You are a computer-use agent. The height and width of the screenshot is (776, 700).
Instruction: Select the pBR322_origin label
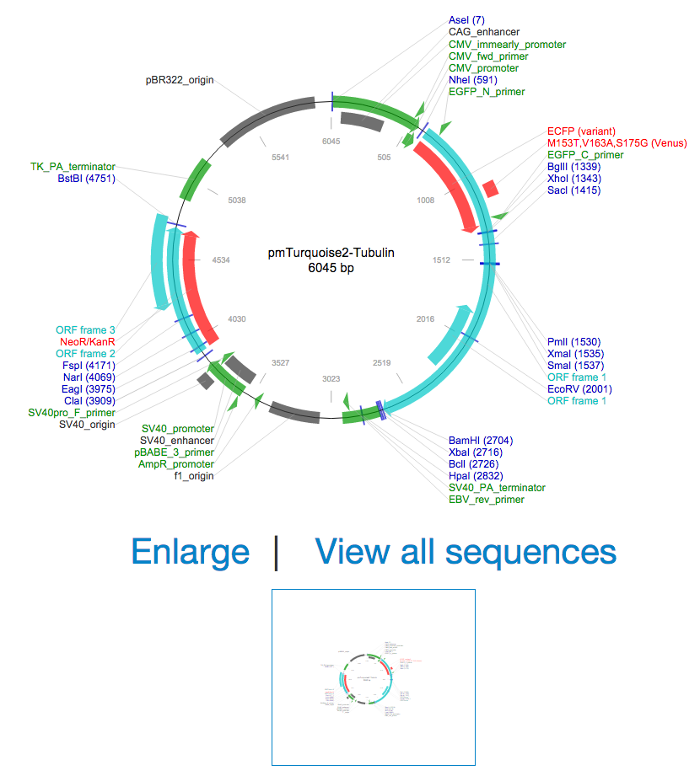click(x=180, y=81)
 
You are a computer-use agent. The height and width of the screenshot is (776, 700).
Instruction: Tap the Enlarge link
click(x=190, y=552)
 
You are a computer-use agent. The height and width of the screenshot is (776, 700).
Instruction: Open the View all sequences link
click(x=465, y=552)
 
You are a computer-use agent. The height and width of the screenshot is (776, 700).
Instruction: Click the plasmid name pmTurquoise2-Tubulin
click(x=331, y=252)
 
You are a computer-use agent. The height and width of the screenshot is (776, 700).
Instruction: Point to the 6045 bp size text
click(x=331, y=269)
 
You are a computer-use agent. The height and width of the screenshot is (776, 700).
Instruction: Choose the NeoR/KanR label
click(x=87, y=342)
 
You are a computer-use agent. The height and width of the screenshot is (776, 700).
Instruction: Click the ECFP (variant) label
click(x=581, y=131)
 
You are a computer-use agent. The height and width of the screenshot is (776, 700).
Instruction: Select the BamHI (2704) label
click(x=480, y=441)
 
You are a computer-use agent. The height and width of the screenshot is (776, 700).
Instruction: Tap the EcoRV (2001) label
click(x=579, y=389)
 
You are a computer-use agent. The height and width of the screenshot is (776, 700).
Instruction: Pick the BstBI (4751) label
click(x=86, y=179)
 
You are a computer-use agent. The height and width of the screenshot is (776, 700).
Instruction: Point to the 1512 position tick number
click(x=441, y=260)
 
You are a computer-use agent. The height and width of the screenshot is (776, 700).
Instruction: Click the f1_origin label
click(x=193, y=476)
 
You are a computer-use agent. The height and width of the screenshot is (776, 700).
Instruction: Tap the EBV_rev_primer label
click(x=486, y=500)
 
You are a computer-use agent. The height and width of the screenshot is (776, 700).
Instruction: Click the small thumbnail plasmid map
click(x=373, y=677)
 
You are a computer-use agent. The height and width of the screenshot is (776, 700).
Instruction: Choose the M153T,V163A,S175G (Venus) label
click(x=617, y=143)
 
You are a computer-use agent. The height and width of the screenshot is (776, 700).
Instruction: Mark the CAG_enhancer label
click(x=483, y=32)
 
